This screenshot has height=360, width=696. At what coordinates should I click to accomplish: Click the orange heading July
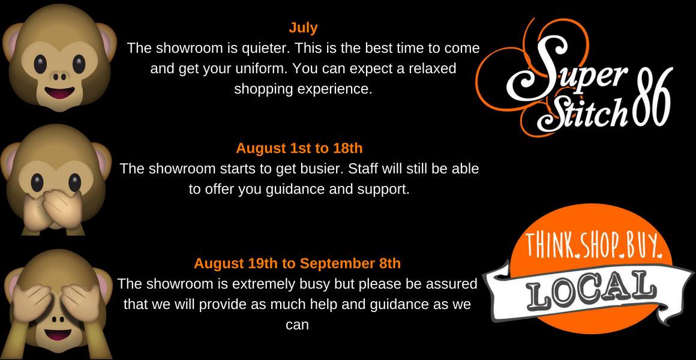[303, 28]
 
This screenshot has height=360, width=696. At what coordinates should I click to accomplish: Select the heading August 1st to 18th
[299, 148]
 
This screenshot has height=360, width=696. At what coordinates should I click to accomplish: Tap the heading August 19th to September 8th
[298, 263]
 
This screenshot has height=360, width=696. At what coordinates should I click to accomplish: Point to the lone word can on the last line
[297, 325]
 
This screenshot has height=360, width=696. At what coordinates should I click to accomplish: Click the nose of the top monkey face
[59, 76]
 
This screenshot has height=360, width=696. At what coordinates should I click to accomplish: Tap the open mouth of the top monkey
[59, 93]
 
